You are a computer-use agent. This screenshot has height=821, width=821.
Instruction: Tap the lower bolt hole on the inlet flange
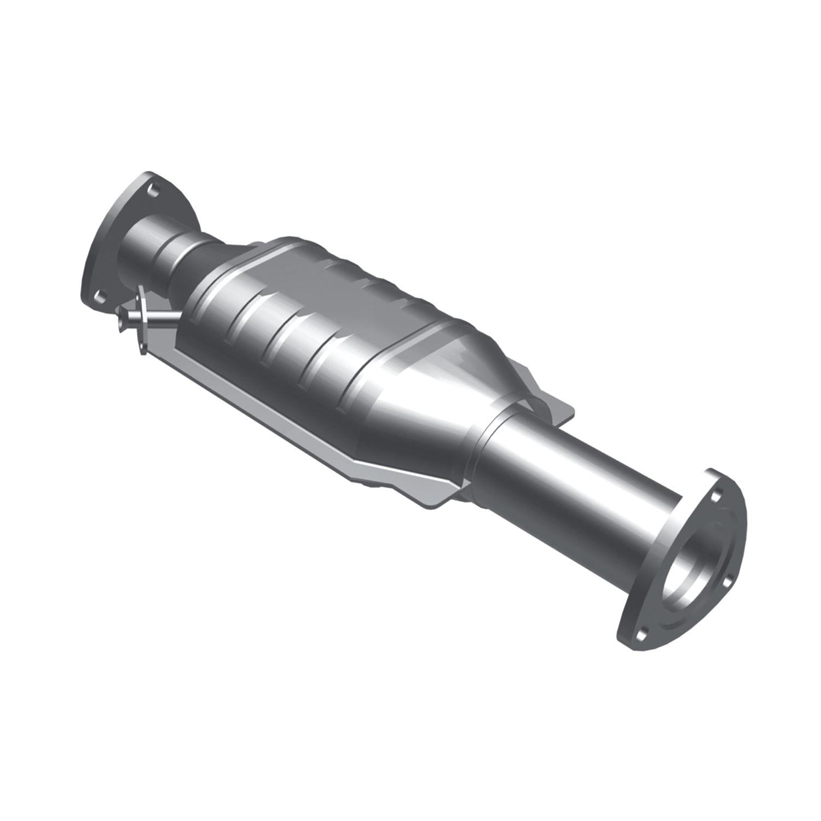tap(100, 296)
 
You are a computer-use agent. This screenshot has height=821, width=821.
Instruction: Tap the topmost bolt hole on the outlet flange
tap(714, 497)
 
